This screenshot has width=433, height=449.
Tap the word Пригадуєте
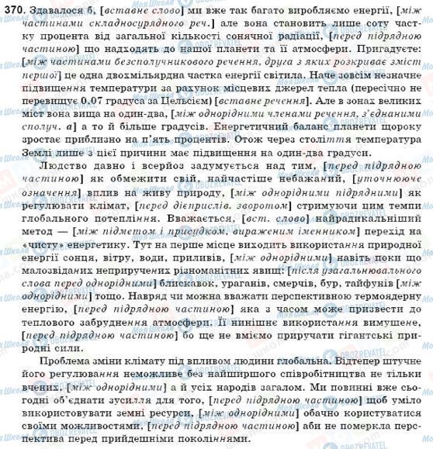pos(381,50)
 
